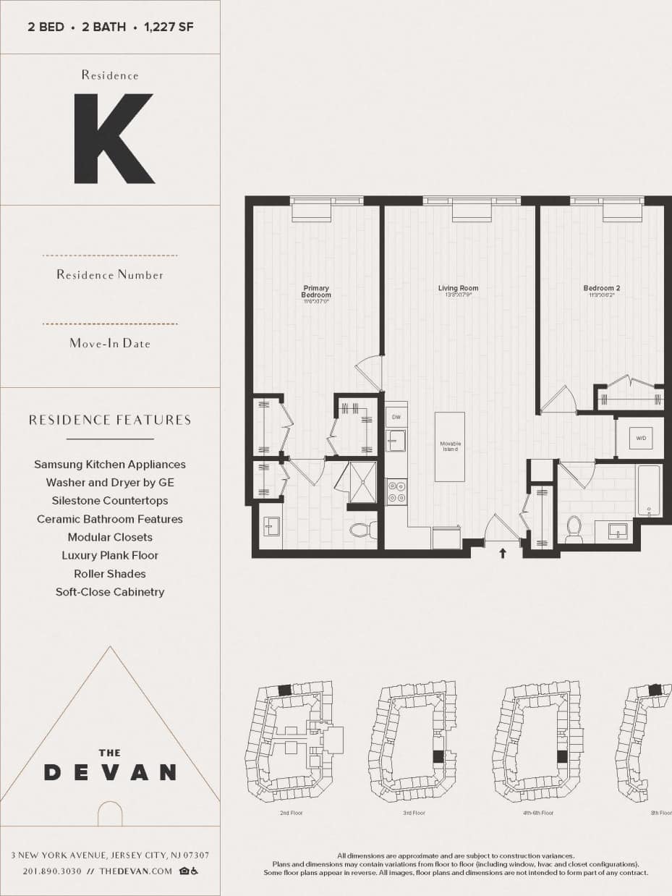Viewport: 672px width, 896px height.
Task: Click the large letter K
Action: [114, 138]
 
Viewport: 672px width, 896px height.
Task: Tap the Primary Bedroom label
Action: [316, 292]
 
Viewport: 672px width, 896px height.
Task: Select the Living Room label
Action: [458, 289]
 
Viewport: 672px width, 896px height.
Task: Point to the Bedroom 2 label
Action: [601, 289]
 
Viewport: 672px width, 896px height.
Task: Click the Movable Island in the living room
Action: [450, 447]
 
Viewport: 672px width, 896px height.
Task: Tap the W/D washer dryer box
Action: [640, 439]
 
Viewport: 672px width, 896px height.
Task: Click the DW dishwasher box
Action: [396, 418]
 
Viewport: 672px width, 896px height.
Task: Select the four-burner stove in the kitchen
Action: [396, 492]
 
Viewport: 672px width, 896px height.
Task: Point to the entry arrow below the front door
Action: [503, 554]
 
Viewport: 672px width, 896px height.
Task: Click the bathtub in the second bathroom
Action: [648, 490]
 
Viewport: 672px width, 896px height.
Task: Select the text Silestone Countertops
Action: [110, 501]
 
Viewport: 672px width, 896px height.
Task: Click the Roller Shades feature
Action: [110, 574]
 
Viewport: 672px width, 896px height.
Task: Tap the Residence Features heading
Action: [110, 420]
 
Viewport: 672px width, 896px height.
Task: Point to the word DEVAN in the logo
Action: [110, 772]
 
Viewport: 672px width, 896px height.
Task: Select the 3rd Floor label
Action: [414, 813]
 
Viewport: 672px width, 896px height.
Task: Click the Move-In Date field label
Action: [110, 344]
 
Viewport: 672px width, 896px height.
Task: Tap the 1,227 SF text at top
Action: [168, 28]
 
